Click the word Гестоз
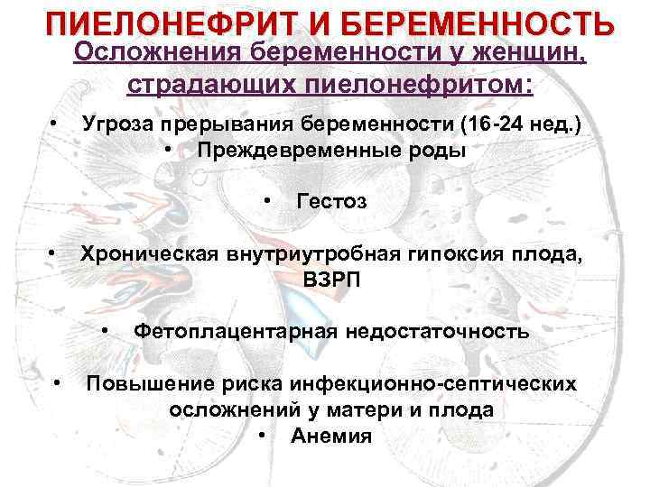point(331,201)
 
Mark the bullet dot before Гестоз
point(267,198)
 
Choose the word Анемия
point(331,437)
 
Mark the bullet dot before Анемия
point(262,435)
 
